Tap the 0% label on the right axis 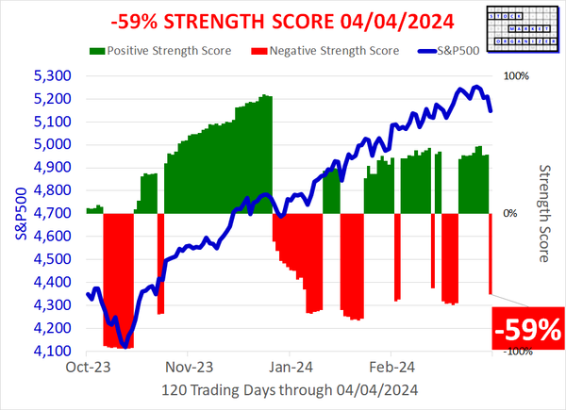(x=510, y=213)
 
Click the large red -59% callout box (x=528, y=329)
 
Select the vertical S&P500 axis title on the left (x=16, y=213)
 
